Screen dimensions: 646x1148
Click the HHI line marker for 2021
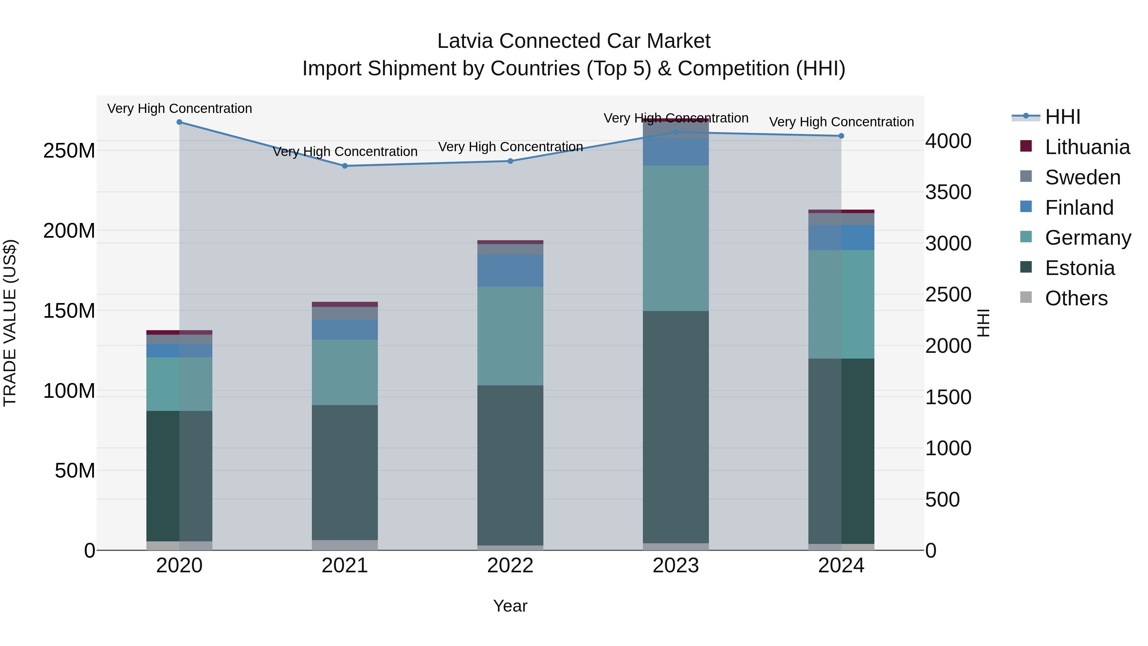344,166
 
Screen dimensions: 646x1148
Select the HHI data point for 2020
179,122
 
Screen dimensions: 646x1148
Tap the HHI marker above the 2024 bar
841,136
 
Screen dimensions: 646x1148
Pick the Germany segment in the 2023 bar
676,239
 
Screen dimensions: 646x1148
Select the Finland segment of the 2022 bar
510,271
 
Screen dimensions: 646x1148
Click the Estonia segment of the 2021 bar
344,472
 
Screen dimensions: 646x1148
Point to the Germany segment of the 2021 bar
344,372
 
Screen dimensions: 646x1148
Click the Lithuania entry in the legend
1087,147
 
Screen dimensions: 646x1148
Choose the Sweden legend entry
1082,177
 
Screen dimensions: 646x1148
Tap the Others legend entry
1076,298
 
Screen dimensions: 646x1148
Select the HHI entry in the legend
1063,117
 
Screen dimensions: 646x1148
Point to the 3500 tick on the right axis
948,192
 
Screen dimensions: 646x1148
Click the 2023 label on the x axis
676,566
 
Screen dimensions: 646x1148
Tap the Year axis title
510,606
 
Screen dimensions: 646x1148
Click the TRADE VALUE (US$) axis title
10,323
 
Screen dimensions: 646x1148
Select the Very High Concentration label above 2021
344,152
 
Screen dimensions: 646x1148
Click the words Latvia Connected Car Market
574,41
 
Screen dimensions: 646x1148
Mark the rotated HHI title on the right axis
983,323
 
